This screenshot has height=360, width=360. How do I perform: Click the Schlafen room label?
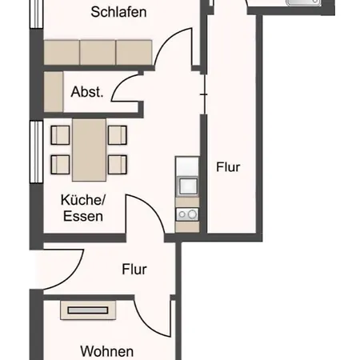tap(118, 12)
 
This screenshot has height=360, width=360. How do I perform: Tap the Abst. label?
tap(87, 92)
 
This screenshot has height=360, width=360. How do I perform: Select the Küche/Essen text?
tap(83, 208)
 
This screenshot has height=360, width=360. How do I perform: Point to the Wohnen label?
tap(107, 351)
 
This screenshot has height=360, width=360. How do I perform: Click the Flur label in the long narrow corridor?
tap(228, 167)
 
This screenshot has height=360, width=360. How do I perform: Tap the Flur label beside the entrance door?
tap(134, 270)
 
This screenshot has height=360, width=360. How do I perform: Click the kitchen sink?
tap(187, 186)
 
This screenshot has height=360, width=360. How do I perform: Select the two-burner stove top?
tap(187, 214)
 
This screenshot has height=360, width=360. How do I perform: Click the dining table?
tap(89, 150)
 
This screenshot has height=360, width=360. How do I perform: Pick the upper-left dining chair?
tap(60, 135)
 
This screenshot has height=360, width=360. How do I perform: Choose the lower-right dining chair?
tap(118, 165)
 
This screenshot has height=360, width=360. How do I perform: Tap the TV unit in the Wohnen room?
tap(88, 310)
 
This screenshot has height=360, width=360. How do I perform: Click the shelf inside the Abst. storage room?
tap(54, 92)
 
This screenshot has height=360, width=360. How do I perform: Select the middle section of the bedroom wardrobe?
tap(98, 52)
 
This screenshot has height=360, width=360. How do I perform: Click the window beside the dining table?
tap(37, 152)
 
